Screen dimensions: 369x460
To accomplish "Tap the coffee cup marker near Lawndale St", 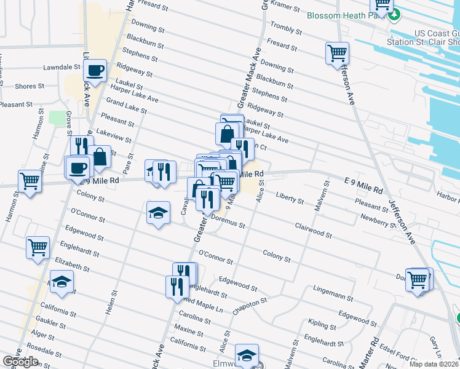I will tap(95, 71).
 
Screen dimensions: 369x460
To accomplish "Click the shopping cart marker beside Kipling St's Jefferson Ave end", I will tap(418, 280).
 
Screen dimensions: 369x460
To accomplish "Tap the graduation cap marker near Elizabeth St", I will tap(61, 282).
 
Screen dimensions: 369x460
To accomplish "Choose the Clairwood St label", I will tap(313, 231).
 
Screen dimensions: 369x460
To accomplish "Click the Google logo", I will tap(20, 362).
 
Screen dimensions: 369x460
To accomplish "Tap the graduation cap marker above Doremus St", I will tap(159, 213).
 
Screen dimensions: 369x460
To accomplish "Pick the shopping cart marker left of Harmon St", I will tap(30, 181).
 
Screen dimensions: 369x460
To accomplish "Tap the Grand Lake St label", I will tap(126, 105).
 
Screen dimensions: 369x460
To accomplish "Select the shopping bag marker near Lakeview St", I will tap(98, 157).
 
